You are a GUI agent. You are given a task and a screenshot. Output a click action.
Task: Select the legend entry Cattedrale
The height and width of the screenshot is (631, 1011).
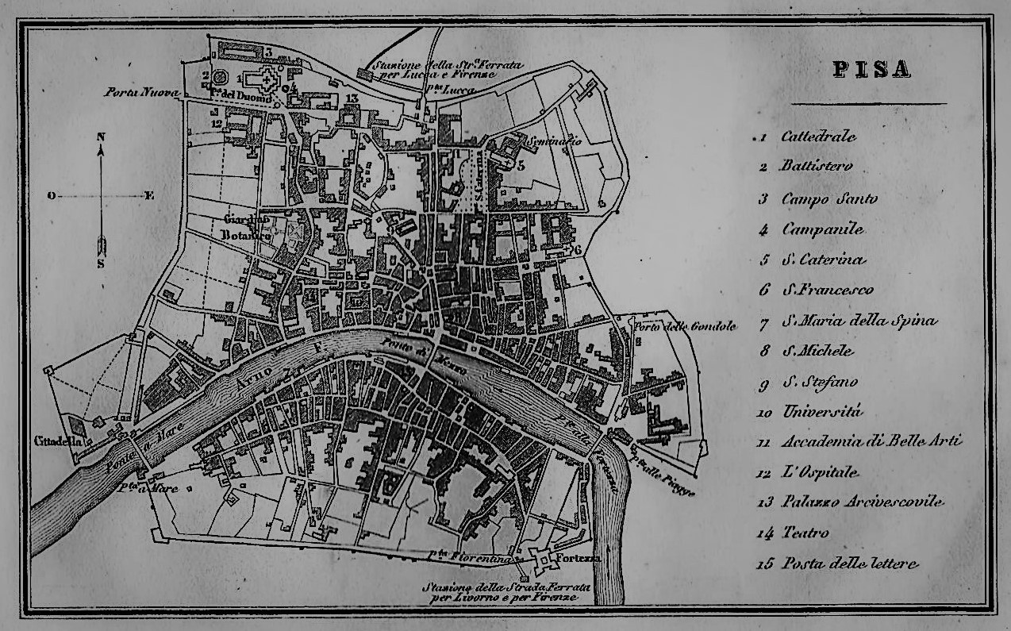point(818,137)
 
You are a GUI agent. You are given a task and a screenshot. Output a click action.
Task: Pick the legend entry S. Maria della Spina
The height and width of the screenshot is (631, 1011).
point(859,321)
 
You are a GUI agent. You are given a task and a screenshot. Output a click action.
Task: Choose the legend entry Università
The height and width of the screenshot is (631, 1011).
point(821,412)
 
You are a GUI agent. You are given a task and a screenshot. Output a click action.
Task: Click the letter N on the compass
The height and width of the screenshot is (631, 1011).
point(101,137)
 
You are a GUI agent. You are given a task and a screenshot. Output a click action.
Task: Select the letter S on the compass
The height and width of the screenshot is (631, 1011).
point(101,264)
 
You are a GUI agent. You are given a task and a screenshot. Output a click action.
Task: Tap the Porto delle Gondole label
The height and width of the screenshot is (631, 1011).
point(685,326)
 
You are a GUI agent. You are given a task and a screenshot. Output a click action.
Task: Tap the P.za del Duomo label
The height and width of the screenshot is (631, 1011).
point(242,97)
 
